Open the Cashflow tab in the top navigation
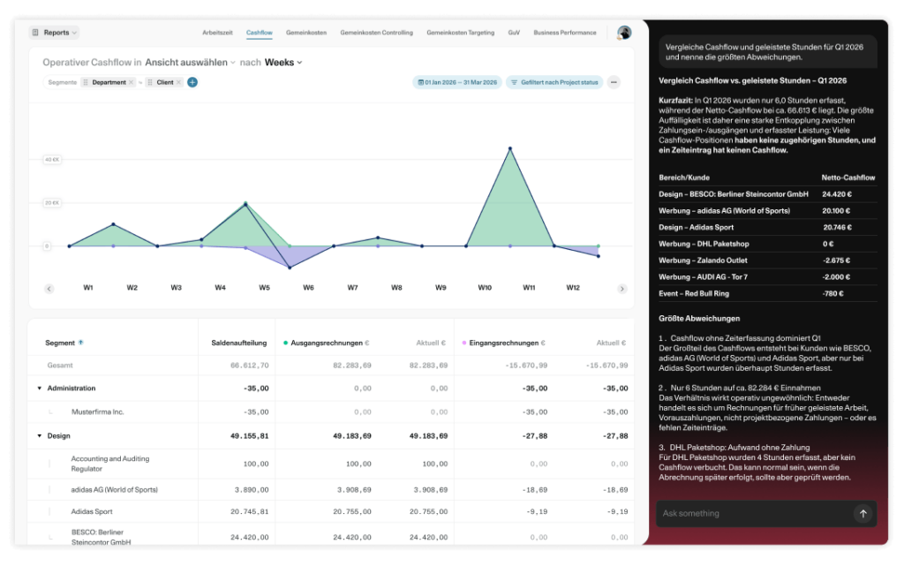tap(259, 33)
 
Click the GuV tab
tap(514, 33)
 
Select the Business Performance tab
tap(565, 33)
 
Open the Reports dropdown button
tap(54, 33)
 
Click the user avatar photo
tap(624, 33)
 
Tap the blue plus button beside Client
tap(192, 82)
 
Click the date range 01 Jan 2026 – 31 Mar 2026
tap(457, 82)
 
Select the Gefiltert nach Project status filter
tap(554, 82)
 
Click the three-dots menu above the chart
tap(614, 82)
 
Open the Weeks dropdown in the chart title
tap(283, 62)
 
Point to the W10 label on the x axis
tap(485, 288)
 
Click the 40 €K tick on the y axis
tap(52, 160)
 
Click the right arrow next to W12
tap(622, 289)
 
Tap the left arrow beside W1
tap(49, 289)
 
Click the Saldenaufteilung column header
tap(238, 343)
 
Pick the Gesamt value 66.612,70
tap(250, 366)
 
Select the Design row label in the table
tap(59, 435)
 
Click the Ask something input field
tap(755, 514)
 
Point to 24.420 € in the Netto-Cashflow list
tap(837, 194)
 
